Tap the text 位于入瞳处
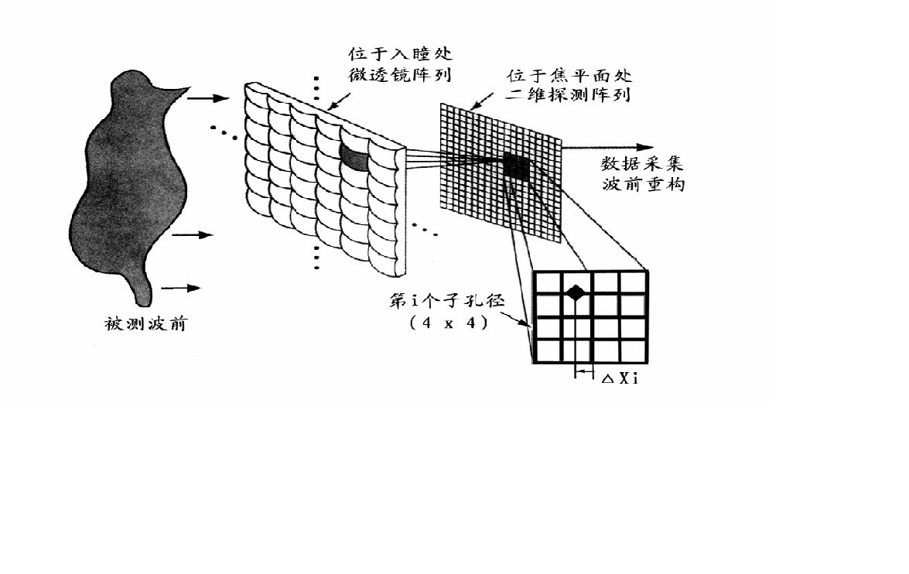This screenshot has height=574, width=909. pyautogui.click(x=400, y=56)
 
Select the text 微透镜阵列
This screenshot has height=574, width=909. pyautogui.click(x=400, y=75)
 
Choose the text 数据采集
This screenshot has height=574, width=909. pyautogui.click(x=643, y=165)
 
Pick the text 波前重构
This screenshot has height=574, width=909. pyautogui.click(x=643, y=185)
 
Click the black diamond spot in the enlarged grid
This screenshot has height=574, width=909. pyautogui.click(x=575, y=292)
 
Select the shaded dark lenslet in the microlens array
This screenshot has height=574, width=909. pyautogui.click(x=355, y=156)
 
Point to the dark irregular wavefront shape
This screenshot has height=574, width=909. pyautogui.click(x=128, y=186)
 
